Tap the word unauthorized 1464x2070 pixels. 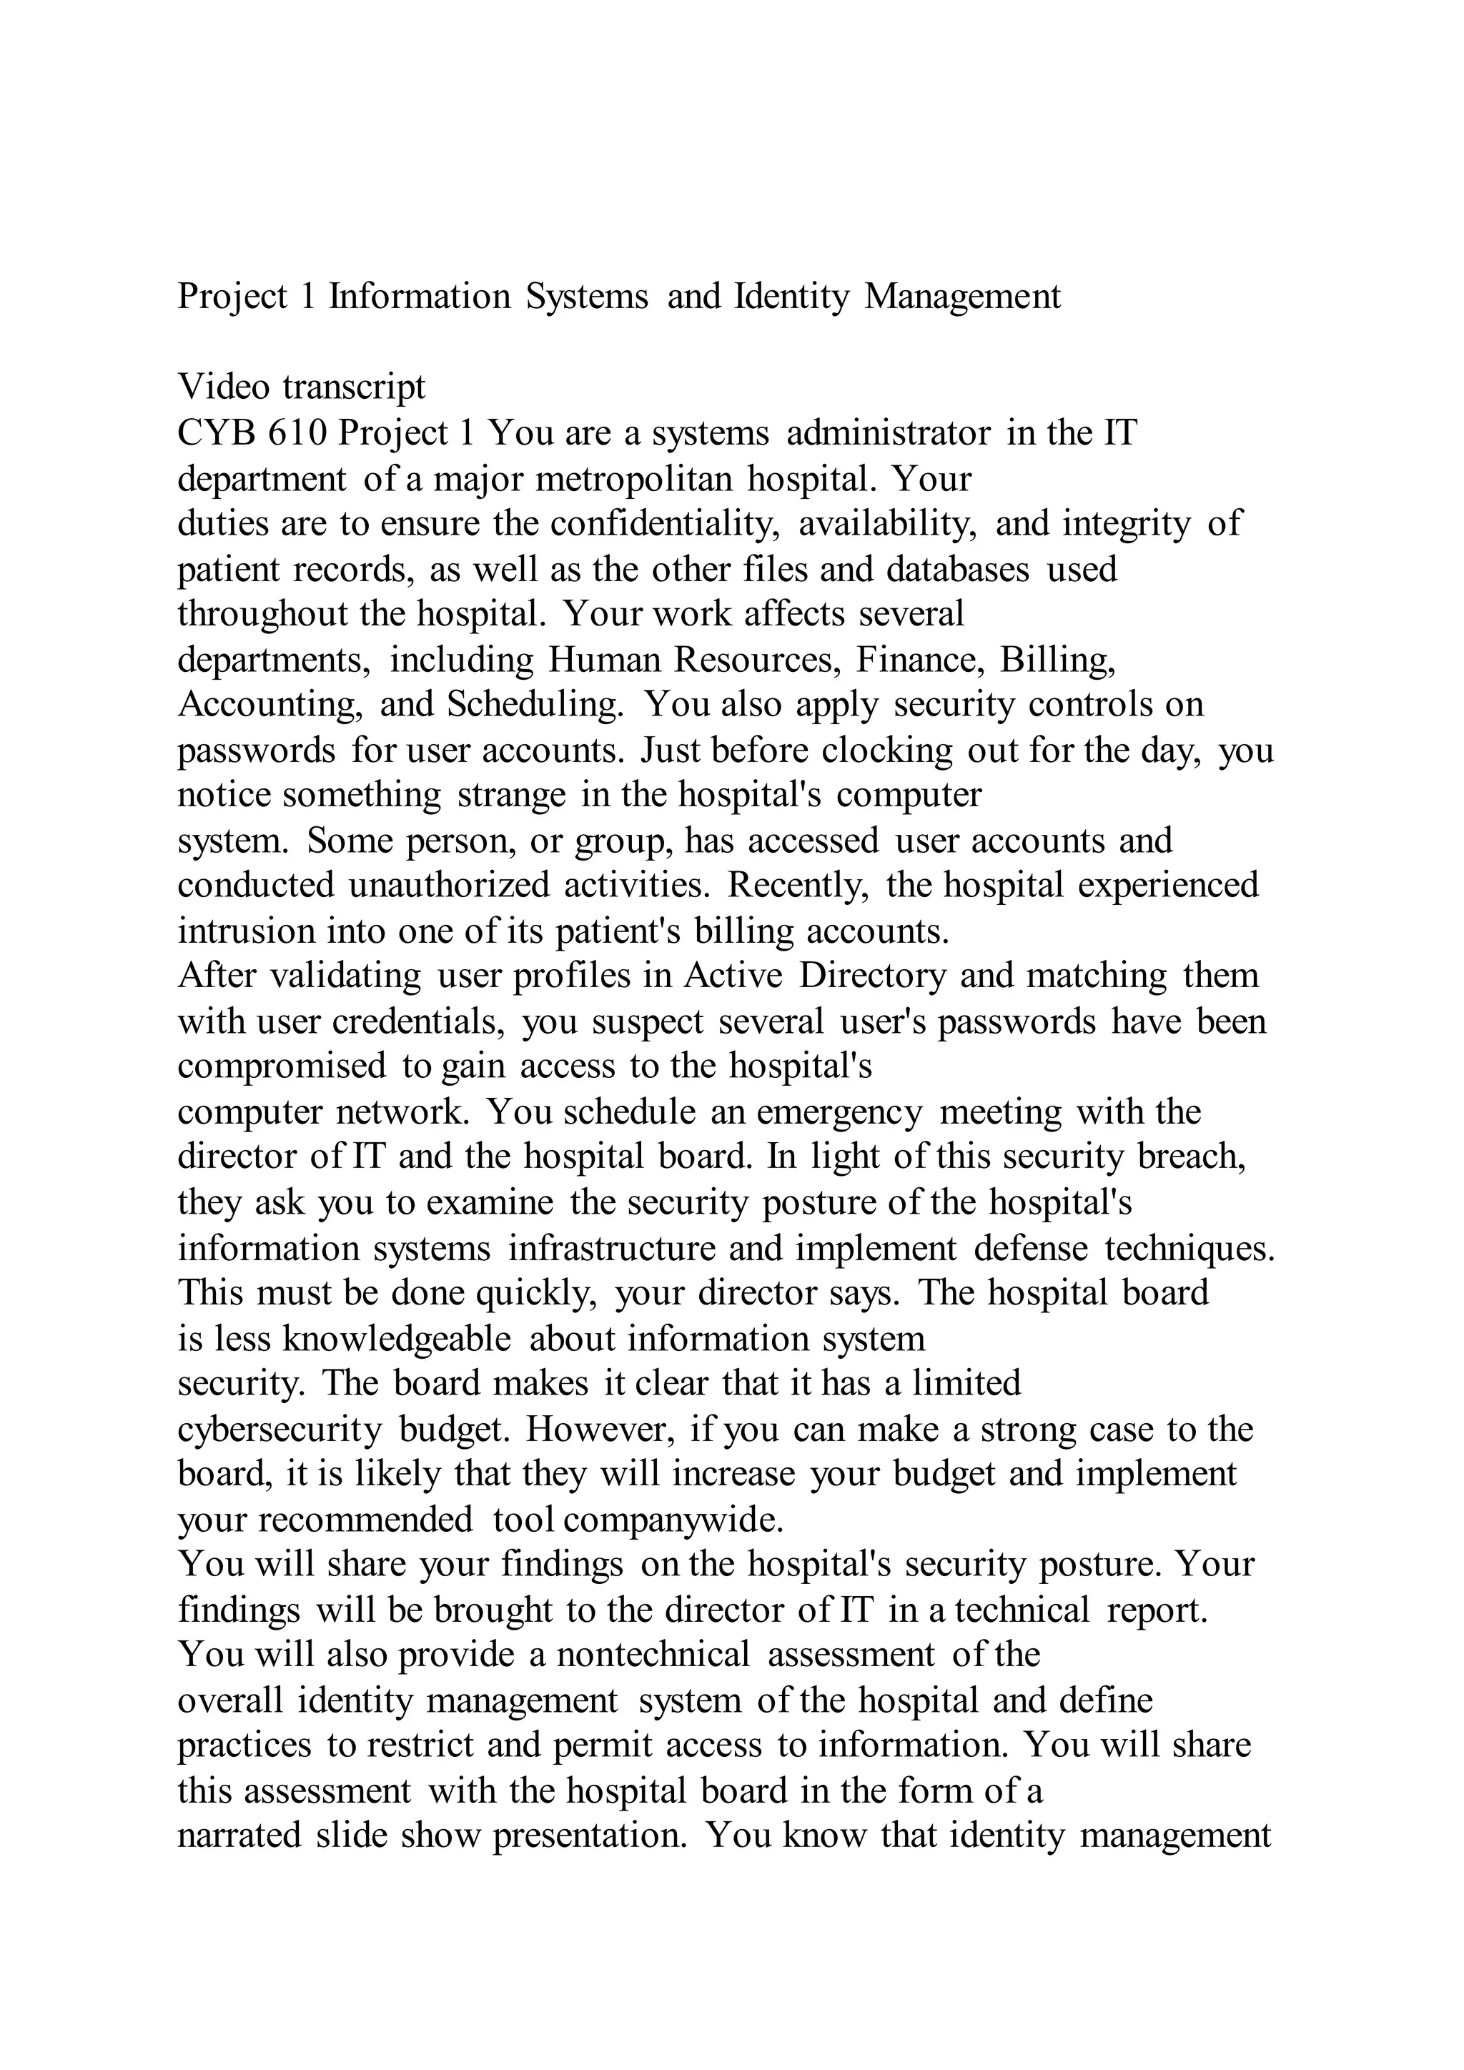pyautogui.click(x=449, y=886)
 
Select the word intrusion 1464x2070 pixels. pyautogui.click(x=246, y=931)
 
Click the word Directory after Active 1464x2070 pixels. pyautogui.click(x=873, y=976)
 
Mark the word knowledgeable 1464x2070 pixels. pyautogui.click(x=397, y=1339)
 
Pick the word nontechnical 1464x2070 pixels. pyautogui.click(x=653, y=1655)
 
